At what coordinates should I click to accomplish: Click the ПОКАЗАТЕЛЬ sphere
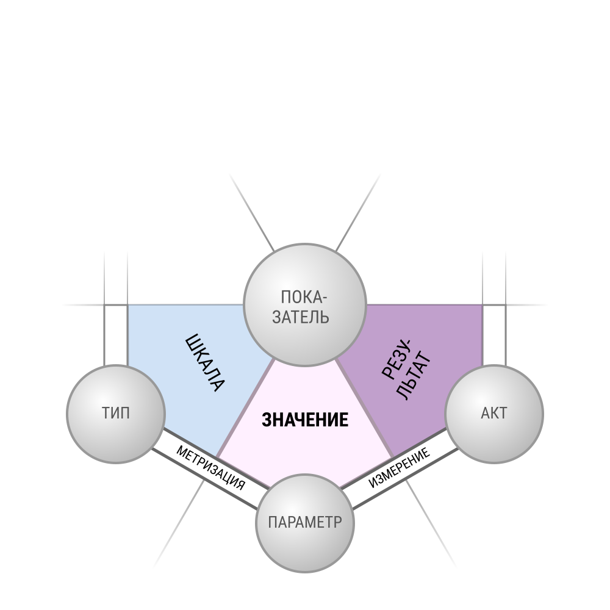pyautogui.click(x=305, y=304)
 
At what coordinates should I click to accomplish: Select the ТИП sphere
pyautogui.click(x=116, y=414)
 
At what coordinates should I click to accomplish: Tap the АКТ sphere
pyautogui.click(x=494, y=414)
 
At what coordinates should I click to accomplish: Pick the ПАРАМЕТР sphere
pyautogui.click(x=305, y=523)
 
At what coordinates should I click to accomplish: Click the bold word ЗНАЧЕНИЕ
pyautogui.click(x=305, y=420)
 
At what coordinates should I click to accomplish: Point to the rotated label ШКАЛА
pyautogui.click(x=204, y=362)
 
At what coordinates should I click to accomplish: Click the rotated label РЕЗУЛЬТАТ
pyautogui.click(x=406, y=370)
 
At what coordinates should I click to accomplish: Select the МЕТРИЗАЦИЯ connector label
pyautogui.click(x=210, y=468)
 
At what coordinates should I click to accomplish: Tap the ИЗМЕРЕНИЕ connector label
pyautogui.click(x=400, y=467)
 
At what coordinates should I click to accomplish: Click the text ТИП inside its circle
pyautogui.click(x=116, y=413)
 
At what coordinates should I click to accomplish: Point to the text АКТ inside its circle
pyautogui.click(x=494, y=413)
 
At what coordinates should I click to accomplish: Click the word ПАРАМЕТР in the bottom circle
pyautogui.click(x=305, y=522)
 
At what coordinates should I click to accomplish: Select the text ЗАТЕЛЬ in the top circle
pyautogui.click(x=301, y=317)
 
